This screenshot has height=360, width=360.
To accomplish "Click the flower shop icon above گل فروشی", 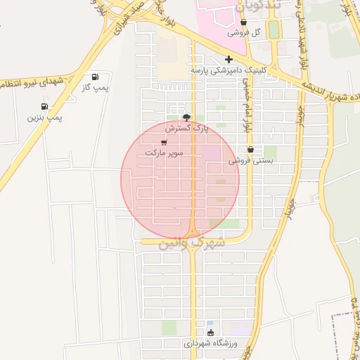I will [x=243, y=22].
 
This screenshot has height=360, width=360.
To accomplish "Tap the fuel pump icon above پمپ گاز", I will [x=95, y=76].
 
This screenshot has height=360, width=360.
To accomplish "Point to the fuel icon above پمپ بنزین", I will [x=45, y=106].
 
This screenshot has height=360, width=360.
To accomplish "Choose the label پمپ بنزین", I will [x=45, y=117].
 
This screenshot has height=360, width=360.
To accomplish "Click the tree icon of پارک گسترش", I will [x=186, y=117].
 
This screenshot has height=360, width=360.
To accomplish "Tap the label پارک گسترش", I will [x=187, y=129].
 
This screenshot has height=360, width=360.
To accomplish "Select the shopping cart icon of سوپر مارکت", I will [x=164, y=141].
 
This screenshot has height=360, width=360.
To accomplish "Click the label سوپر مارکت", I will [x=164, y=152].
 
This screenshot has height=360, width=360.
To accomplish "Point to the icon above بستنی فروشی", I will [x=251, y=149].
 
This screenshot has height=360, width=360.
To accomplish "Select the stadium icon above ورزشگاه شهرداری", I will [x=210, y=333].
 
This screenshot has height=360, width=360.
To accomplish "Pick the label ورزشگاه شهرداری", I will [x=210, y=344].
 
